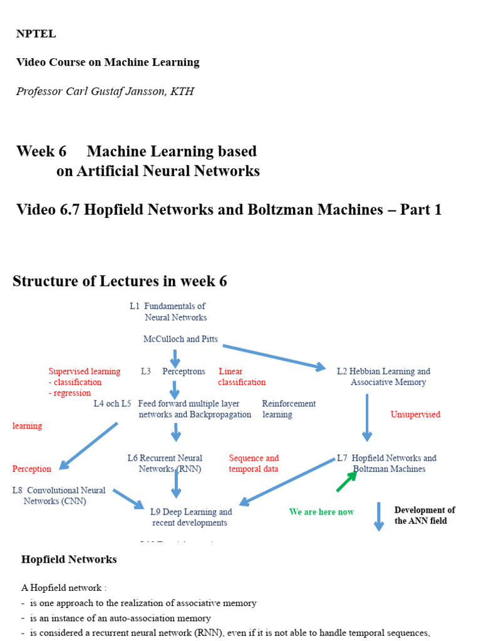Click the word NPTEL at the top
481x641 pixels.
[36, 34]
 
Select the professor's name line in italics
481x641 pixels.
[105, 91]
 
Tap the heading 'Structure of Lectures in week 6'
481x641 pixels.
[120, 281]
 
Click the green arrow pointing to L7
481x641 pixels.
[346, 481]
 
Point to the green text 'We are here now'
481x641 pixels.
[321, 512]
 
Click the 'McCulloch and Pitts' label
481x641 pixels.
[180, 339]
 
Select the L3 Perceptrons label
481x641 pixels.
[173, 371]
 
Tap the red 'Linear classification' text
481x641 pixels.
[242, 377]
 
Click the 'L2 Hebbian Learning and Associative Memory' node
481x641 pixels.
[383, 377]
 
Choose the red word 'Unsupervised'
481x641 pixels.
[415, 414]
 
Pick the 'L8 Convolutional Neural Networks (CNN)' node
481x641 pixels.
[59, 496]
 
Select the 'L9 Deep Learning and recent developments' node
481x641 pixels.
[190, 517]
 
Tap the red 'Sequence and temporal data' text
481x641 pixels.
[254, 464]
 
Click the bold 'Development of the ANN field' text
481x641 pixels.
[425, 515]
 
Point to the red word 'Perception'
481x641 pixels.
[32, 469]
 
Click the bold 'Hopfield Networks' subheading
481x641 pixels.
[69, 560]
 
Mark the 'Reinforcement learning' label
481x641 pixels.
[288, 409]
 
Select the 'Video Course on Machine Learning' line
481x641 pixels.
[108, 63]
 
